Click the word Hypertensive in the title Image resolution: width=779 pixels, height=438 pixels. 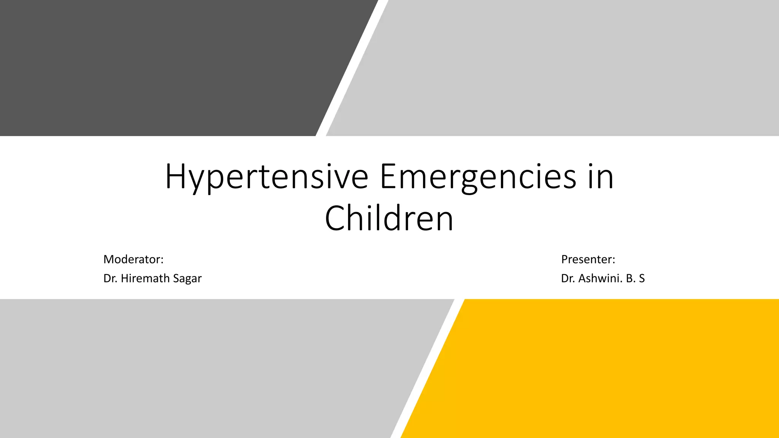(x=266, y=177)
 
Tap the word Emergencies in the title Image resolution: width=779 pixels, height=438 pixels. (x=478, y=177)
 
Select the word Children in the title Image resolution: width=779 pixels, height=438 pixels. (x=389, y=219)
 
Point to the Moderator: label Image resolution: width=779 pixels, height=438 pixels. (x=133, y=259)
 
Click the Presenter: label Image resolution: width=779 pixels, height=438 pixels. (x=588, y=259)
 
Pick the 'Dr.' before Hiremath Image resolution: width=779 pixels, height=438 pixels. (x=110, y=278)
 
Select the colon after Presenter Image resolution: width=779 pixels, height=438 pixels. (x=614, y=260)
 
